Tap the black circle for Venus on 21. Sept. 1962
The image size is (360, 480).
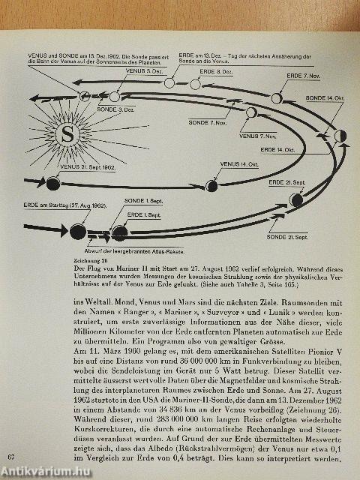52,182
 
